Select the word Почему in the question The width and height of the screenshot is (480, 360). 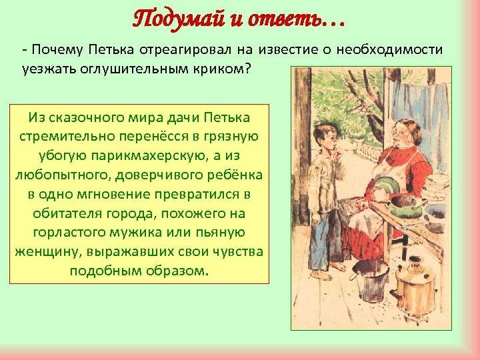[57, 50]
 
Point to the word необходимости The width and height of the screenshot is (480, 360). [390, 50]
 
